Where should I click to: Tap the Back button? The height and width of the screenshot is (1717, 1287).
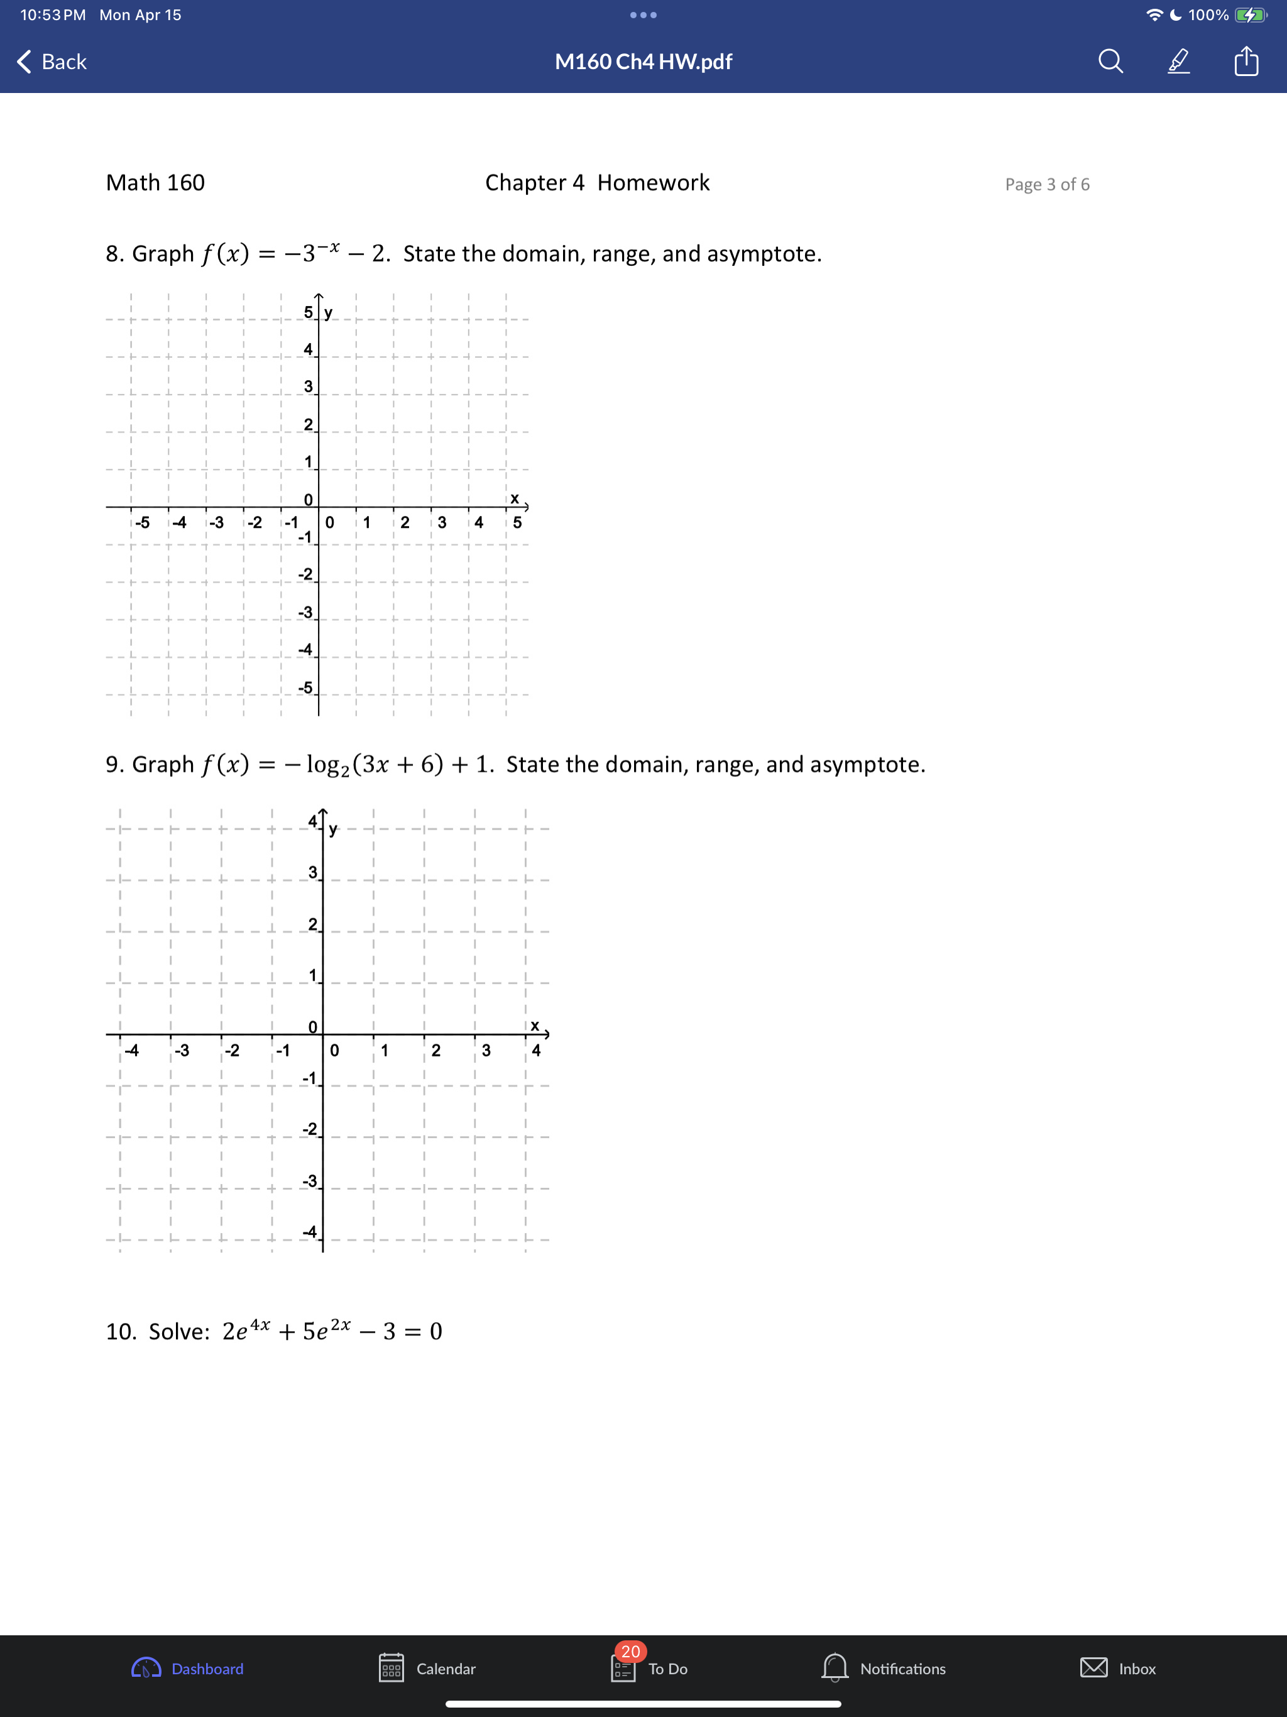52,62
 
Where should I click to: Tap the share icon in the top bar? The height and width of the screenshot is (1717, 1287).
1246,60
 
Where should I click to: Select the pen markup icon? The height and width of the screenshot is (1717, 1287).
1178,60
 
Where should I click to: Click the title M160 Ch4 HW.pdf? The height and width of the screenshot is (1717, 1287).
643,62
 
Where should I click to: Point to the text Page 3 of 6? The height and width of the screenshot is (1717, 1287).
1046,184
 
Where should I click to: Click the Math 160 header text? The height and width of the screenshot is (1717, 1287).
155,182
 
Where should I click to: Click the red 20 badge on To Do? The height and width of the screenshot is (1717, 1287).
630,1651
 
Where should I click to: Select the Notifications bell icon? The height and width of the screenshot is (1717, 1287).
835,1667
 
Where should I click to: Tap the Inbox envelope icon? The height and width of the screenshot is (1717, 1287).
1093,1667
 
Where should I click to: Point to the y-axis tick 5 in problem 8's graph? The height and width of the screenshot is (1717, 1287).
308,312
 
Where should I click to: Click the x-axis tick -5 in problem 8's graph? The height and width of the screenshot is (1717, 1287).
142,522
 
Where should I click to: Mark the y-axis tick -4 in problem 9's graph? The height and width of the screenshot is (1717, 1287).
310,1232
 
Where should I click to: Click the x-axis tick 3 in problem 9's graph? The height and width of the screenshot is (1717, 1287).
486,1050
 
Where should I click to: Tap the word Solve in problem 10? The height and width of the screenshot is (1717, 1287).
178,1331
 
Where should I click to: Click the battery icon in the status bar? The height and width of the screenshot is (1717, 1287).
1250,14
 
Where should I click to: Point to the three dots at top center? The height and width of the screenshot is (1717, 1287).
643,14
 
